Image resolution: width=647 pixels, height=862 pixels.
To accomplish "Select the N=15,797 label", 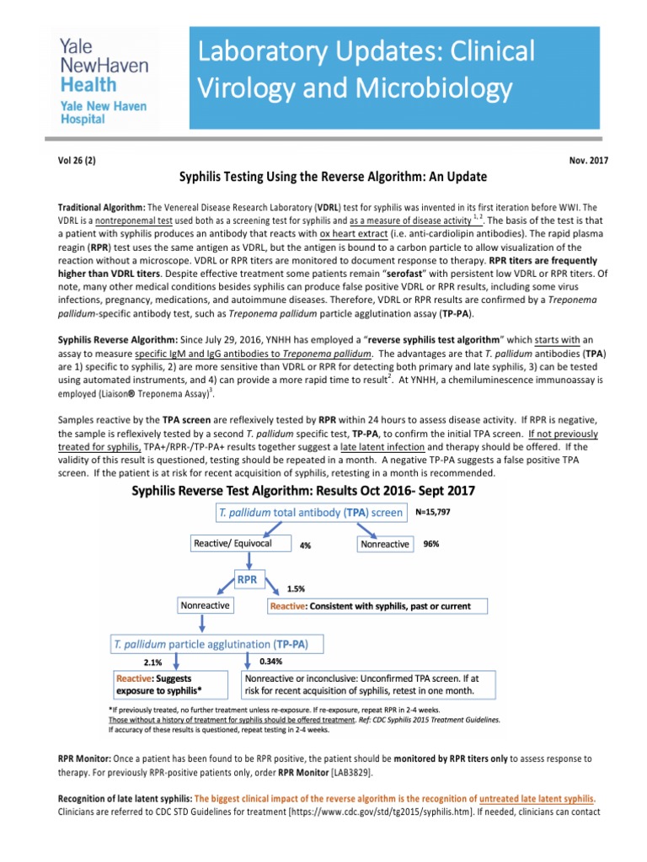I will (440, 511).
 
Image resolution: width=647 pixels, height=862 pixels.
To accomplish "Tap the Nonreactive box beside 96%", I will (385, 544).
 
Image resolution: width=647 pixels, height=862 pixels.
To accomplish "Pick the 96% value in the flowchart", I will (430, 544).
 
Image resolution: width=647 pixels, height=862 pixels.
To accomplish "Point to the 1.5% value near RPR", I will (297, 589).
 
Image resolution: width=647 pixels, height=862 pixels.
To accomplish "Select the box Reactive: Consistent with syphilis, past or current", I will (378, 605).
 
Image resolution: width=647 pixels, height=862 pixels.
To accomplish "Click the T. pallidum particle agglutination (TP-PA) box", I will (211, 644).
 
